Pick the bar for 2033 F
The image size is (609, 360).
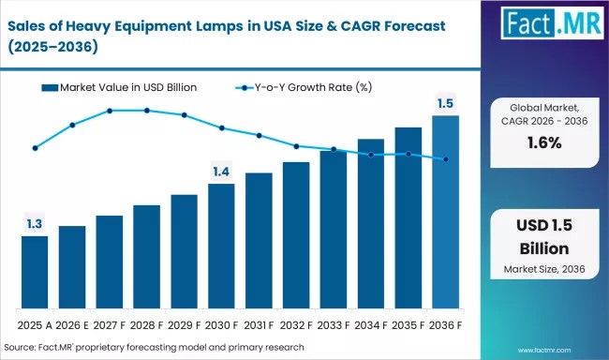(334, 230)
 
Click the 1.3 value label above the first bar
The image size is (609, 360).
(35, 224)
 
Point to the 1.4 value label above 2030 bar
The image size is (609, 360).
(221, 172)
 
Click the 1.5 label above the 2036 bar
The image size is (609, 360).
(446, 103)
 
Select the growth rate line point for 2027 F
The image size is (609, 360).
(110, 111)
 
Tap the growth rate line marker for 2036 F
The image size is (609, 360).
(446, 159)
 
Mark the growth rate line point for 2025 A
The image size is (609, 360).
(35, 148)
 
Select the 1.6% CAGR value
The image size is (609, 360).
(543, 142)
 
